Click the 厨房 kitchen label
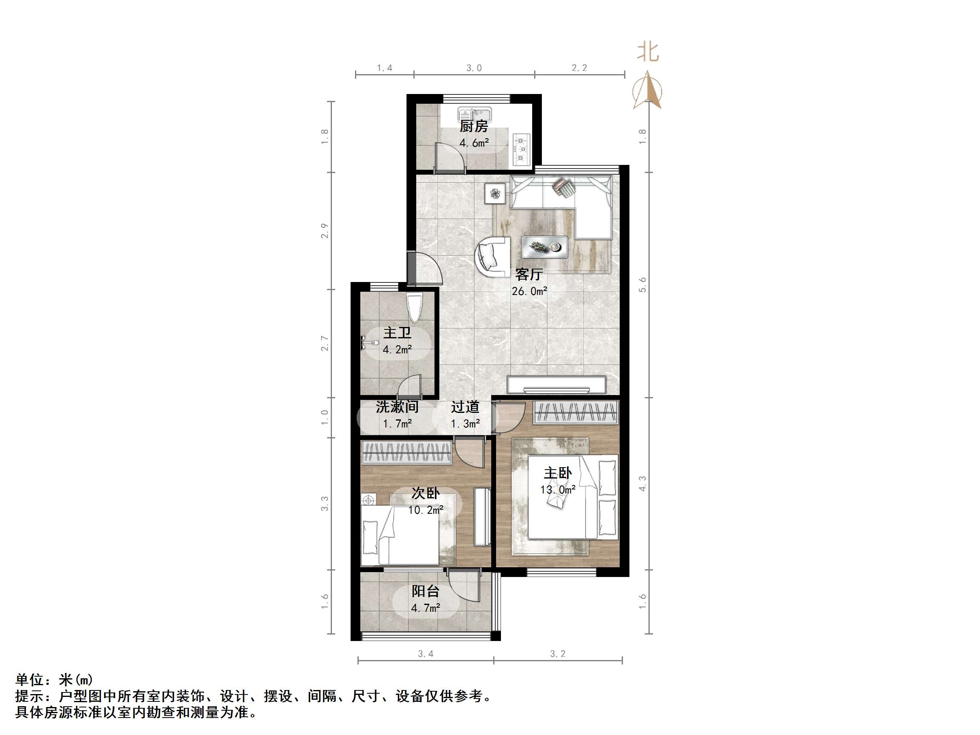pos(474,127)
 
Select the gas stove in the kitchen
pos(522,149)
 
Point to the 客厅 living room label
pos(529,275)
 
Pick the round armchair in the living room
pos(493,257)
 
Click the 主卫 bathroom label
pos(397,333)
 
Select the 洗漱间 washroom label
pos(397,407)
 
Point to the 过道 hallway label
pos(465,407)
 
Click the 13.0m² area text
pos(558,489)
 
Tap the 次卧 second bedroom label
pos(425,493)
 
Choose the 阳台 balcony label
pos(425,591)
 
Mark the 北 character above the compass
pos(648,52)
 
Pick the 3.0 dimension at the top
pos(474,68)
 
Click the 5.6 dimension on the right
pos(642,284)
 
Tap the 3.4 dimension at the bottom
pos(425,654)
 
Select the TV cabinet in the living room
pos(556,385)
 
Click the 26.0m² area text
pos(529,291)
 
